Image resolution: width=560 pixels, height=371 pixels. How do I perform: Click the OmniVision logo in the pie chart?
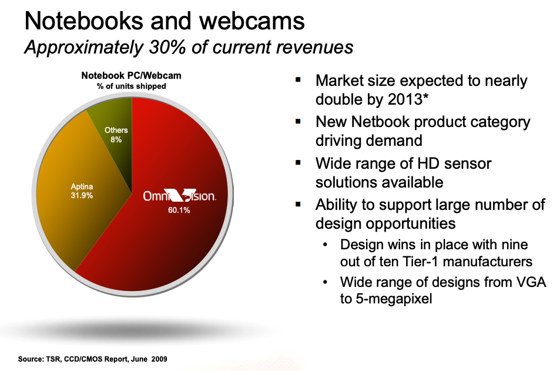(x=179, y=196)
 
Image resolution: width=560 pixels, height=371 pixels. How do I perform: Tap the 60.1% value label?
(x=179, y=210)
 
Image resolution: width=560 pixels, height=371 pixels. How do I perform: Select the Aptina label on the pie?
(x=82, y=186)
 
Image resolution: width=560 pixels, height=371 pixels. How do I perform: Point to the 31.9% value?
(x=82, y=196)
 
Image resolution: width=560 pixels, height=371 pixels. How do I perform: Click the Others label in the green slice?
(x=116, y=130)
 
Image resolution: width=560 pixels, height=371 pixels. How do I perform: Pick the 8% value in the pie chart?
(x=116, y=139)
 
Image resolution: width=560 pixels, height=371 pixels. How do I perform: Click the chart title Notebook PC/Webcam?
(x=132, y=75)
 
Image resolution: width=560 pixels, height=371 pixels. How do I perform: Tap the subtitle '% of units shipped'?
(x=132, y=86)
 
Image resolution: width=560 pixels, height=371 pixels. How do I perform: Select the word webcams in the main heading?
(x=252, y=21)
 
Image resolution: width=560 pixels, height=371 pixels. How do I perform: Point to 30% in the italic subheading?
(x=167, y=47)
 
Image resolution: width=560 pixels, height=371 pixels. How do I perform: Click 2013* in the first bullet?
(x=408, y=99)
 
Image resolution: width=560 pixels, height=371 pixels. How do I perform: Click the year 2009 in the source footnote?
(x=159, y=359)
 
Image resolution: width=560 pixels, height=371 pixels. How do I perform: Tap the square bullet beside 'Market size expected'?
(x=298, y=80)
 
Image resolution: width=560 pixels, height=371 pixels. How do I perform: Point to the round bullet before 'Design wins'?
(x=325, y=245)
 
